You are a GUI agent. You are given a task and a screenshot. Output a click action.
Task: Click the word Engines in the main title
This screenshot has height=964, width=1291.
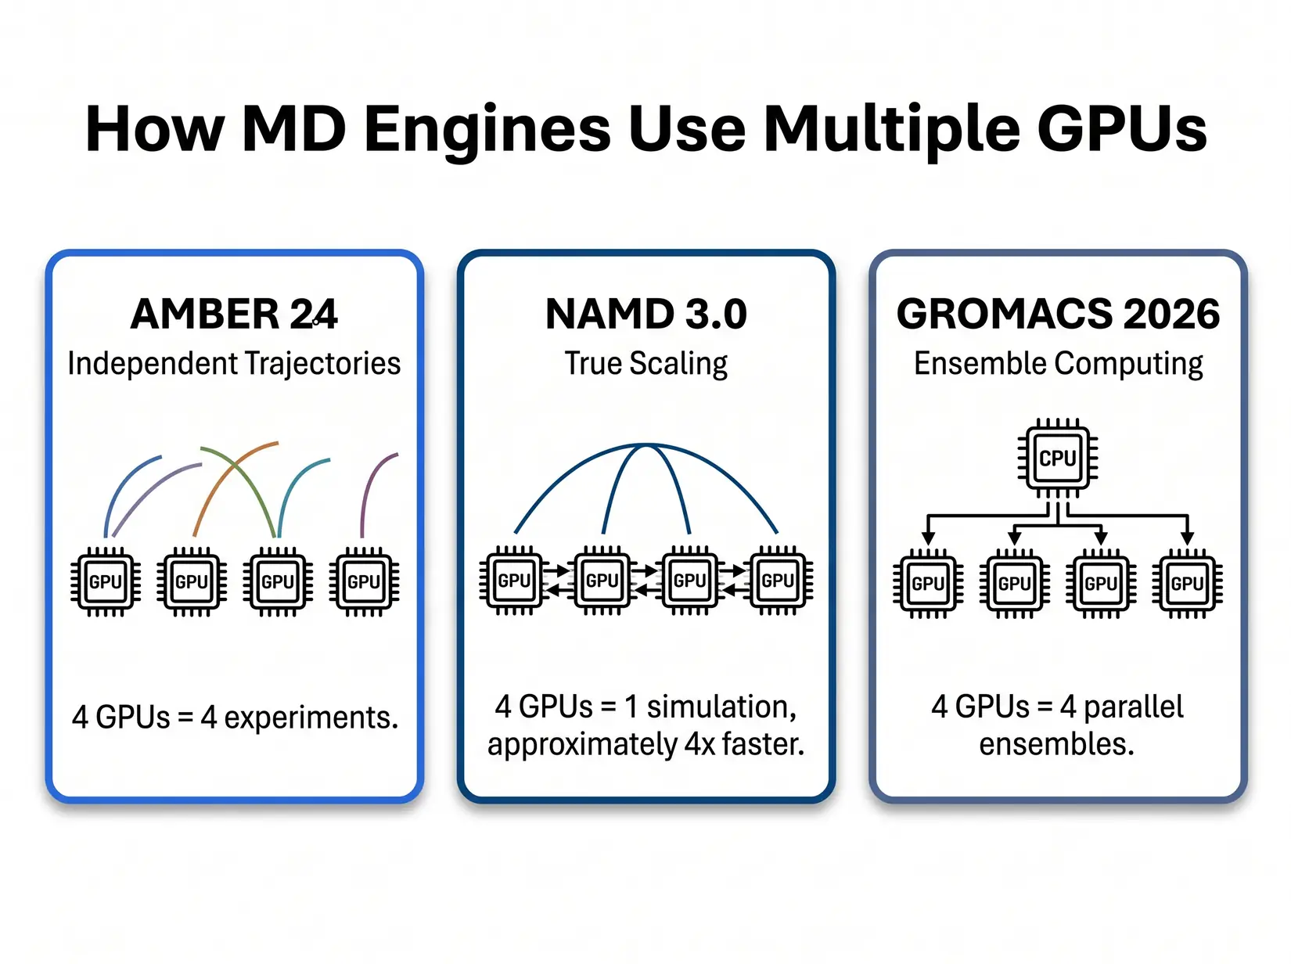[487, 129]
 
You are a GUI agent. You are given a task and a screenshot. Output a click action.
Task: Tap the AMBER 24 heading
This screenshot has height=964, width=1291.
[234, 315]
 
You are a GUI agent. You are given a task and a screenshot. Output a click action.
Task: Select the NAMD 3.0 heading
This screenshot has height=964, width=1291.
[645, 315]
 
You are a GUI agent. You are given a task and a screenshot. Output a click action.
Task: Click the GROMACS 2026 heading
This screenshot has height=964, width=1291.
[1058, 315]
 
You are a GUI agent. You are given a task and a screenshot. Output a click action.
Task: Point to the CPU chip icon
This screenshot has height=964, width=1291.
[1058, 458]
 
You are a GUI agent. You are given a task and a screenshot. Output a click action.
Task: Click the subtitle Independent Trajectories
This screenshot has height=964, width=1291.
[234, 364]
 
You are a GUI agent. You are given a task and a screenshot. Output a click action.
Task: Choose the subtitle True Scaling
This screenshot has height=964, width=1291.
[645, 364]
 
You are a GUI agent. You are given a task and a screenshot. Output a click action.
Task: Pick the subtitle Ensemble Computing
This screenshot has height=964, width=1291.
[1058, 364]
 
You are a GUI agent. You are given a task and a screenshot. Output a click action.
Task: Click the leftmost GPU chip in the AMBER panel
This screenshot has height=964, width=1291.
[106, 581]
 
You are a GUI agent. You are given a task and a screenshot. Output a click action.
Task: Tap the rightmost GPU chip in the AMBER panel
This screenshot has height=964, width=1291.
[364, 581]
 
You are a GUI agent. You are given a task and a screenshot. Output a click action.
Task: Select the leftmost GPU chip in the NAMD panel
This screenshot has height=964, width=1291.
[514, 581]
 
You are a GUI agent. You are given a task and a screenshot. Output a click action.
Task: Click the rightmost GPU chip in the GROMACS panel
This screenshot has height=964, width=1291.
[1187, 583]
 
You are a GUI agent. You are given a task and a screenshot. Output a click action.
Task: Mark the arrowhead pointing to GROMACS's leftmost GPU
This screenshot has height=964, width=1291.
[928, 538]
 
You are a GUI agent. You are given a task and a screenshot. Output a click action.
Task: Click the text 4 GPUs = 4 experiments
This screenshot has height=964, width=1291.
[235, 718]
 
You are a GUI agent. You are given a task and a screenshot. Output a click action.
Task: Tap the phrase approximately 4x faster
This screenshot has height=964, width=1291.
[645, 744]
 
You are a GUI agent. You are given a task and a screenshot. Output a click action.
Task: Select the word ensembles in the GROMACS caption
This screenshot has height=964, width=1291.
[1056, 744]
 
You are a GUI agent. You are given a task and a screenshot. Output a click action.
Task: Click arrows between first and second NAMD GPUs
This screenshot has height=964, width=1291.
[558, 581]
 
